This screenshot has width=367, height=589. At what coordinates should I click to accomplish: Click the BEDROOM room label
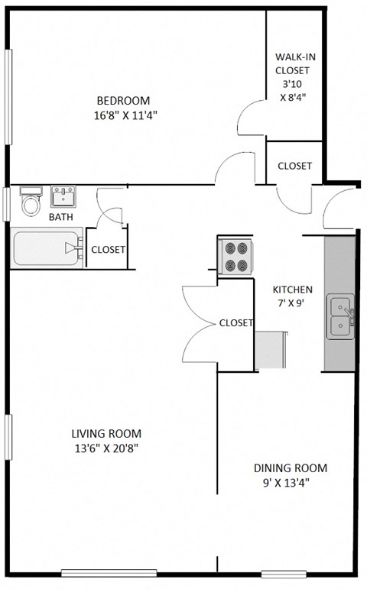(x=122, y=101)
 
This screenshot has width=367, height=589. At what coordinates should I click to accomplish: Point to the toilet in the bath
(x=31, y=202)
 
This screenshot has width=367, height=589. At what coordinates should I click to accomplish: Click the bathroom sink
(x=63, y=197)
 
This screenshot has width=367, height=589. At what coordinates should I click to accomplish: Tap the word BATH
(x=61, y=218)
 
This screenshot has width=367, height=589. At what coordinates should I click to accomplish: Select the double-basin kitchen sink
(x=340, y=317)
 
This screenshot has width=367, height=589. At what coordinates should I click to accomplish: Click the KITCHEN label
(x=293, y=290)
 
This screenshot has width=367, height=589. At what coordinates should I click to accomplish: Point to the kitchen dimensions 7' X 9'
(x=293, y=303)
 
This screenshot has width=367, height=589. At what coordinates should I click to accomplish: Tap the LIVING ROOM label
(x=107, y=433)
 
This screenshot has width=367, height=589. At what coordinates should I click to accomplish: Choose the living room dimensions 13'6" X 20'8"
(x=107, y=448)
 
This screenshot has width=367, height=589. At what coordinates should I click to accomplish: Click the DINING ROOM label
(x=291, y=468)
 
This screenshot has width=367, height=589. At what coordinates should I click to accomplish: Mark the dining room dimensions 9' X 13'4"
(x=291, y=483)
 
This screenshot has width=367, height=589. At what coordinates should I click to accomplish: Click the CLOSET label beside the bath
(x=108, y=249)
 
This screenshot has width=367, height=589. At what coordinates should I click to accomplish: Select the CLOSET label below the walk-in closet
(x=294, y=166)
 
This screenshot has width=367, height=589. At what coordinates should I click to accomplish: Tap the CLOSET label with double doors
(x=235, y=322)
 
